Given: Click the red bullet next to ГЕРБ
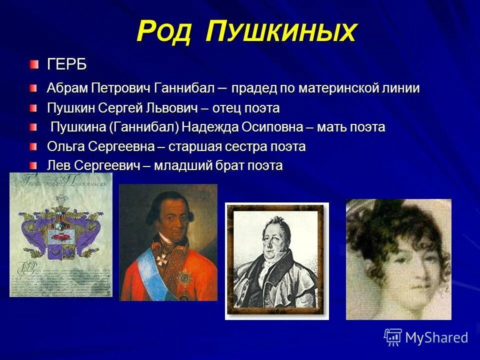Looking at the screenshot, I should coord(33,64).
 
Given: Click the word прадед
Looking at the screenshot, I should coord(253,88).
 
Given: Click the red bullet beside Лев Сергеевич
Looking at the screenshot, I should coord(33,165).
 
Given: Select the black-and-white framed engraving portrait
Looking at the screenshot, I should coord(276,260).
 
